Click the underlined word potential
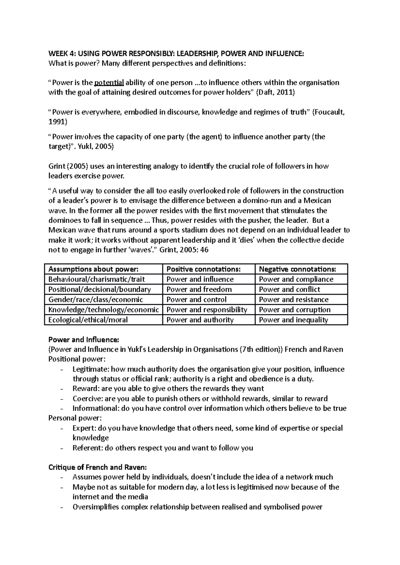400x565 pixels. coord(109,83)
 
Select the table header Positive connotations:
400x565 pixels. coord(203,269)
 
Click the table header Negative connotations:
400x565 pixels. coord(297,269)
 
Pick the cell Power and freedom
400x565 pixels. coord(199,289)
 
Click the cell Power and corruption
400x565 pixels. coord(295,310)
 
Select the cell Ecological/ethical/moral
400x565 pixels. coord(88,320)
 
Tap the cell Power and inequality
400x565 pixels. coord(293,320)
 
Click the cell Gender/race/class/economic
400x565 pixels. coord(96,300)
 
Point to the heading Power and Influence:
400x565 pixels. coord(84,340)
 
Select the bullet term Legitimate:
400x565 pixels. coord(91,369)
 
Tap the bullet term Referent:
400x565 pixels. coord(87,448)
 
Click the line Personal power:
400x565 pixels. coord(75,418)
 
